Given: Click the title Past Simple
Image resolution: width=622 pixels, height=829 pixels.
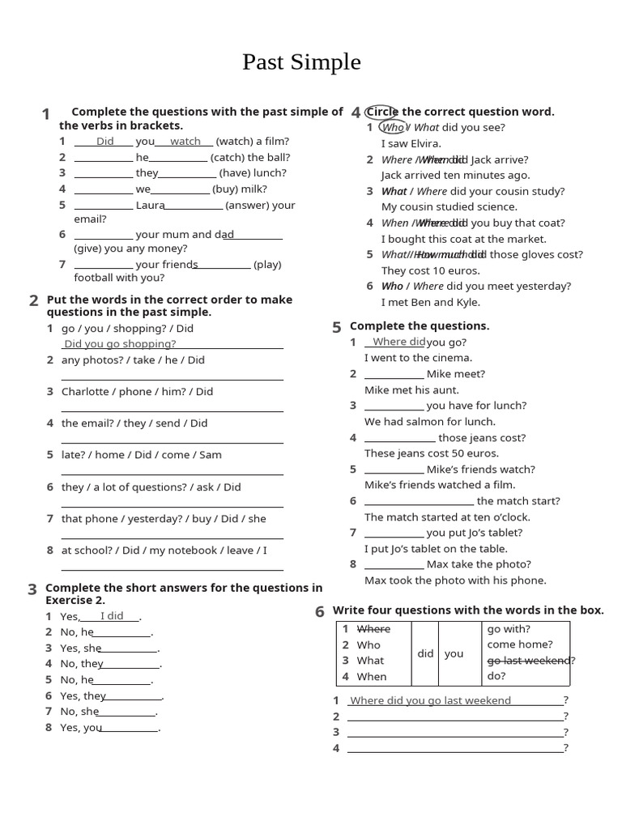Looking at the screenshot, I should (301, 62).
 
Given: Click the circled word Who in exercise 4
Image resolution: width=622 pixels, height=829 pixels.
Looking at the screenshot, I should (393, 127).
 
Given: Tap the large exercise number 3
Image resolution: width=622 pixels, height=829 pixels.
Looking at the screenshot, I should (32, 589).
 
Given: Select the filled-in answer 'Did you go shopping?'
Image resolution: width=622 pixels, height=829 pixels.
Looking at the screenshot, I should (120, 343).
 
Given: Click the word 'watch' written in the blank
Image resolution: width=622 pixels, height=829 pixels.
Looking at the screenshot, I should (185, 141).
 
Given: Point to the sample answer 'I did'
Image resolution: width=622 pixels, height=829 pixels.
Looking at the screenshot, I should (112, 616).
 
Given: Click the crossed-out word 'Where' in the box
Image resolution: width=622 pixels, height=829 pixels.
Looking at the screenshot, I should (373, 629).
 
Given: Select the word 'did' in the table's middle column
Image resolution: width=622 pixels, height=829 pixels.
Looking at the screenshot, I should (425, 653).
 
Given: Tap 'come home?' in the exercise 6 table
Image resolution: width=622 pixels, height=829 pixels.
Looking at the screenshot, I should (520, 644).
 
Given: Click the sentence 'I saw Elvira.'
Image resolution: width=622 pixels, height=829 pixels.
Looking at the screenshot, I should (411, 143).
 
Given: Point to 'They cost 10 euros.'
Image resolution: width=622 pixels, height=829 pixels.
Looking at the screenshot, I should (431, 270).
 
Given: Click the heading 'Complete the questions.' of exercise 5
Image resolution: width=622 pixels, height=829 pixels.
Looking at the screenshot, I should (420, 325).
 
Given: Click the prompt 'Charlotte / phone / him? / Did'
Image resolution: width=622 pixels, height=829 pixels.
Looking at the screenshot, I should (137, 391).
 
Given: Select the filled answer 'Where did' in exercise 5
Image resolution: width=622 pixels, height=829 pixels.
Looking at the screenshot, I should (398, 342).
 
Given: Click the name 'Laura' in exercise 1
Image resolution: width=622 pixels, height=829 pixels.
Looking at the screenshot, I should (150, 205).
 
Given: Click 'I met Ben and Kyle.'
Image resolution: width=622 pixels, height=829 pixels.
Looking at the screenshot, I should (431, 302).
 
